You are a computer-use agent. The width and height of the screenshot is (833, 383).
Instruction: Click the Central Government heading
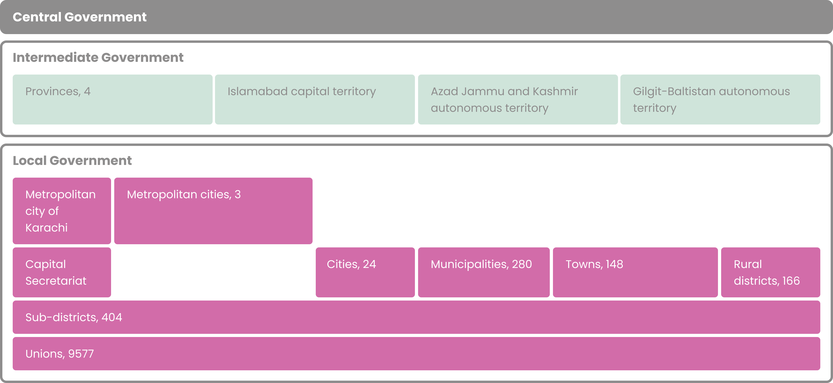80,17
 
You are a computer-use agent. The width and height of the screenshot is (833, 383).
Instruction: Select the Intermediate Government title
98,57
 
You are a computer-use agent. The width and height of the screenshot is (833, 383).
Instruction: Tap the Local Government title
72,161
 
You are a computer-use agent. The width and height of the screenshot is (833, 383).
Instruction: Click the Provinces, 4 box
112,100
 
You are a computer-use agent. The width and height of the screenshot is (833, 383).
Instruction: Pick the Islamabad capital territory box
315,100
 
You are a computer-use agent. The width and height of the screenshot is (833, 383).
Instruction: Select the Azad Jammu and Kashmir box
518,100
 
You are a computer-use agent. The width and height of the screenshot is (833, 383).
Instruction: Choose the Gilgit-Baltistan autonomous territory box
720,100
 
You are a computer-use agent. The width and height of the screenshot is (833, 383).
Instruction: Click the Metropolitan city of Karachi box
62,211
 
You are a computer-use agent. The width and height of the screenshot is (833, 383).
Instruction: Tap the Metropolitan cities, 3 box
213,211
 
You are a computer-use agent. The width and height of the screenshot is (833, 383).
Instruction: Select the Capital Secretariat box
62,272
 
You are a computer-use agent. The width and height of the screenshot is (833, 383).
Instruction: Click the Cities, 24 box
365,272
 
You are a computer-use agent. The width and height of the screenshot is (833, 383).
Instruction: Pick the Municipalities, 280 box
484,272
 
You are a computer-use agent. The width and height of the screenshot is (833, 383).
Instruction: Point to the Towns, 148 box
635,272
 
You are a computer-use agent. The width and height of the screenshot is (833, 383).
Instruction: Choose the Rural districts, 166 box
770,272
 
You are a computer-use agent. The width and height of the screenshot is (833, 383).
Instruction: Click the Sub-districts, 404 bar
416,317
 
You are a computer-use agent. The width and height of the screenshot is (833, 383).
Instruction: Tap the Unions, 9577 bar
416,354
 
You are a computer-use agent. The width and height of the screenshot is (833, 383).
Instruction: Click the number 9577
81,354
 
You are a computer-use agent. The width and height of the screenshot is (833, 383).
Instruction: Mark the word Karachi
47,228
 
